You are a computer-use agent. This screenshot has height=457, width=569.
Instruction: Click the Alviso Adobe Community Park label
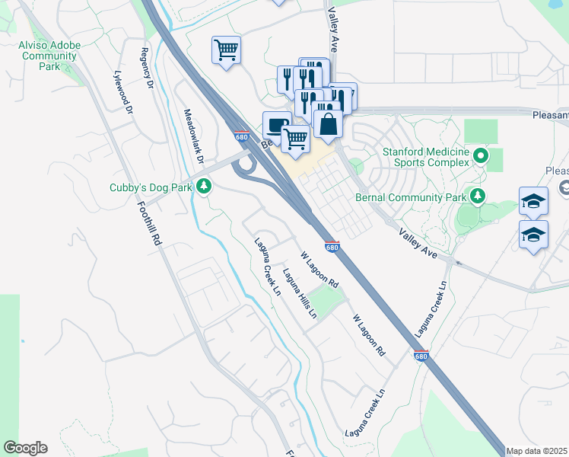tap(49, 56)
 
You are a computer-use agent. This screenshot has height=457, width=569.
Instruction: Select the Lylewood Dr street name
tap(122, 92)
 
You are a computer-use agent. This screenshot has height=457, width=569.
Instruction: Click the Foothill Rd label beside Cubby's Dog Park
tap(150, 222)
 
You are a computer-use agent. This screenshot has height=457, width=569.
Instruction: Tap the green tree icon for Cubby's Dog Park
tap(203, 186)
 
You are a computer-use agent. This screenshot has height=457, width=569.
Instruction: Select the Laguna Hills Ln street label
tap(299, 293)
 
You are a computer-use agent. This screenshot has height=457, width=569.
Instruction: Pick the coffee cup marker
tap(276, 124)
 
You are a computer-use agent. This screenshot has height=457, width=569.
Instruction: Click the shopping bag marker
tap(327, 124)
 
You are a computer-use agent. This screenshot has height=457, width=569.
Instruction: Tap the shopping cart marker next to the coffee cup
tap(294, 139)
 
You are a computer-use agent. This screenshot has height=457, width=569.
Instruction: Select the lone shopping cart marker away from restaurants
tap(226, 50)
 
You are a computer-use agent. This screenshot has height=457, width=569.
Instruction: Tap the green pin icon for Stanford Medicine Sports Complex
tap(480, 157)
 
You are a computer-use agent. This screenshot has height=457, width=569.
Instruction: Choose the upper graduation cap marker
tap(533, 201)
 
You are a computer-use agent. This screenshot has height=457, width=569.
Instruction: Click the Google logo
tap(25, 448)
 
